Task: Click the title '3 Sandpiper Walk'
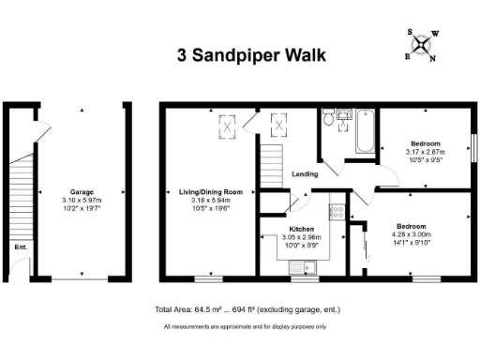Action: [251, 55]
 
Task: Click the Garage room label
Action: [82, 191]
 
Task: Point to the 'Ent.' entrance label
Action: [20, 247]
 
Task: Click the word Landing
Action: [305, 173]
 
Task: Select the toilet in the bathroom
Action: [327, 118]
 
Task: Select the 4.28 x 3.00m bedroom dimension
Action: [412, 234]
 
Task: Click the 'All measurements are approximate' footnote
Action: [245, 326]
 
